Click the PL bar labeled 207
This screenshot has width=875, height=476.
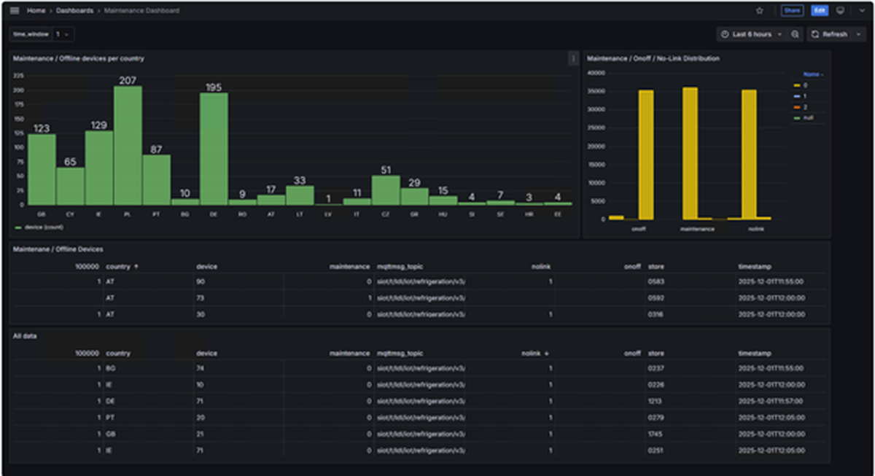click(x=128, y=146)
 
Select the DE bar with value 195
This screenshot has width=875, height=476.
click(x=214, y=149)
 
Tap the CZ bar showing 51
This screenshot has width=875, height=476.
click(x=386, y=190)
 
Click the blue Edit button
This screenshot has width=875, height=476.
click(x=820, y=11)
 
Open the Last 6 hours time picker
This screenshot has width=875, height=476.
click(x=751, y=34)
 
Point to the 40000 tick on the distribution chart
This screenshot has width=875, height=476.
click(x=596, y=73)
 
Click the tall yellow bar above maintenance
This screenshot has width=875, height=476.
click(x=690, y=153)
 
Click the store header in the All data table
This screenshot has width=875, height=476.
click(x=656, y=353)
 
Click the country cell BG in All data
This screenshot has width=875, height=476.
click(x=111, y=369)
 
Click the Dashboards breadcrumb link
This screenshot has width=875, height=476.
click(x=74, y=11)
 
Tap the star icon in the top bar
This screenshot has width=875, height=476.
click(x=759, y=11)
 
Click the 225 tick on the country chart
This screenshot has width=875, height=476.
click(x=19, y=75)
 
